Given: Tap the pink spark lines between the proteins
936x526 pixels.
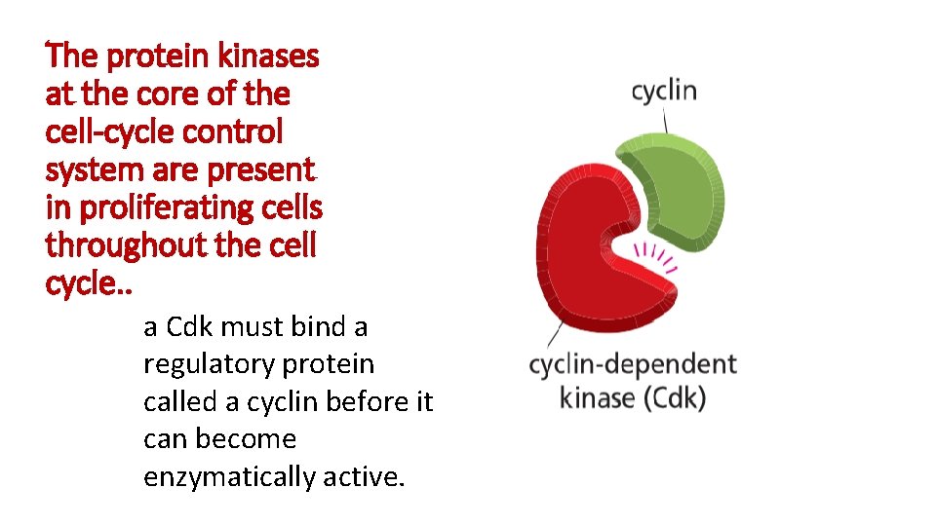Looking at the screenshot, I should pos(655,257).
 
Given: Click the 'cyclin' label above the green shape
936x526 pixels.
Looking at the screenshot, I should pos(664,93).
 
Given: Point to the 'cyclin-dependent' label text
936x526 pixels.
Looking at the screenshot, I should pos(632,366).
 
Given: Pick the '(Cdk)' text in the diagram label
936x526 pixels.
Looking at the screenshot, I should pos(674,397).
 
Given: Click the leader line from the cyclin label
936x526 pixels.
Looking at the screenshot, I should pos(666,120).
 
